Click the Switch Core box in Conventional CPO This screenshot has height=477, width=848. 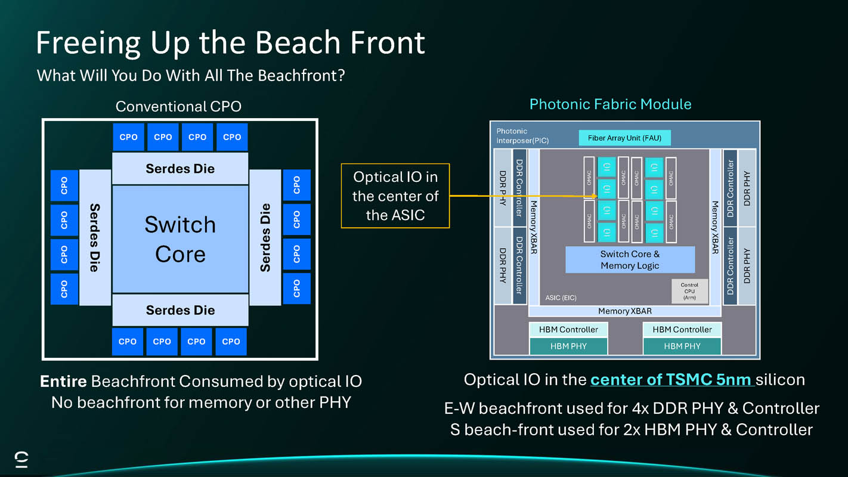[180, 238]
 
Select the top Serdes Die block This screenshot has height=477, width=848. [180, 169]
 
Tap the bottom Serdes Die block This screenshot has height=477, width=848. [180, 310]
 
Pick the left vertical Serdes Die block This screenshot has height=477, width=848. [95, 237]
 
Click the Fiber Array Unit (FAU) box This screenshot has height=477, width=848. [624, 138]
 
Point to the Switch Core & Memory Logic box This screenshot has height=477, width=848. [630, 260]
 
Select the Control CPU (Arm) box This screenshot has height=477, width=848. [689, 291]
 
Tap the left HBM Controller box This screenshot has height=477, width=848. [568, 330]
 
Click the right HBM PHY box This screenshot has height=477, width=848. [682, 346]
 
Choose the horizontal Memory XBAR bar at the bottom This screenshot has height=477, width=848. [624, 311]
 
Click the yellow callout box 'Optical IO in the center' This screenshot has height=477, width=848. [395, 196]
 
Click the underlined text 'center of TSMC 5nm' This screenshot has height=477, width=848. [673, 380]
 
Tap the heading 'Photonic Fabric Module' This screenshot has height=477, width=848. [610, 104]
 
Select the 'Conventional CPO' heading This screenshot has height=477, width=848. [178, 107]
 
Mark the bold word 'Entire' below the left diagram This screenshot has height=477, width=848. [63, 382]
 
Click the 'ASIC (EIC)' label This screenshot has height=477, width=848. [561, 298]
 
